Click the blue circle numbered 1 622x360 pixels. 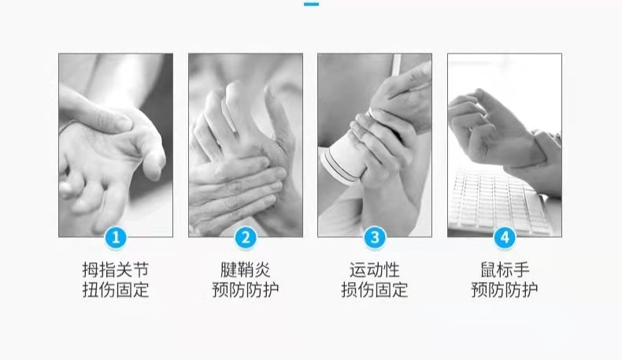116,238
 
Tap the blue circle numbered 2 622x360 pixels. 246,238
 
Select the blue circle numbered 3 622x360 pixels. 375,238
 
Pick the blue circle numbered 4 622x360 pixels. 505,238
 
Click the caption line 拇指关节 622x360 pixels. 116,270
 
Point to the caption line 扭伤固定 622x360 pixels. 116,290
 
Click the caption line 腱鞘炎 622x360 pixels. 246,270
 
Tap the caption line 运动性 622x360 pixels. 375,270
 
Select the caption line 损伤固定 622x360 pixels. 375,290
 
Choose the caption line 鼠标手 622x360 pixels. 505,270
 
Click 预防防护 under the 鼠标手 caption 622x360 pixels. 505,290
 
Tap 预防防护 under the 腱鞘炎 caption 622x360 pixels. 246,290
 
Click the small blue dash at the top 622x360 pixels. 312,4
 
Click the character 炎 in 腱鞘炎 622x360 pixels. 263,270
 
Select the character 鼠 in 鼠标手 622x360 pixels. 488,270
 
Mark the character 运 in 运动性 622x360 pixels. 357,270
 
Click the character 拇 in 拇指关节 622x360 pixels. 91,270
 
